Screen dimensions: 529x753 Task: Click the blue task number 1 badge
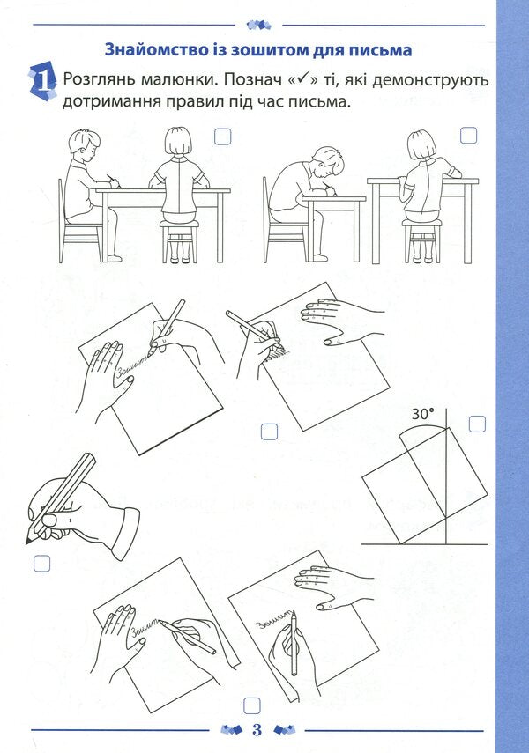point(43,82)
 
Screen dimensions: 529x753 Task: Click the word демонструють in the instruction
point(430,80)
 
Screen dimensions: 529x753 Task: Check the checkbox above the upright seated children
point(223,137)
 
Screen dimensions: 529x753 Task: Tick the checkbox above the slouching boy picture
point(469,136)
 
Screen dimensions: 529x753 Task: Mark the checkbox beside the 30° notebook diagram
point(477,424)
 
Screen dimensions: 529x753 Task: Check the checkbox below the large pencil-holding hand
point(41,564)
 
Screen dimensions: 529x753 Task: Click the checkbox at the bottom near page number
point(252,706)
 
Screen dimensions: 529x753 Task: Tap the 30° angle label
point(422,414)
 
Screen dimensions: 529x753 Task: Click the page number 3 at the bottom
point(257,730)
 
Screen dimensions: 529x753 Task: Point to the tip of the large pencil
point(26,544)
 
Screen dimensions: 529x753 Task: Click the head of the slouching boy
point(327,164)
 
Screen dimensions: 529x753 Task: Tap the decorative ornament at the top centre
point(258,25)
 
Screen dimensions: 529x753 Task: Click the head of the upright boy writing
point(86,146)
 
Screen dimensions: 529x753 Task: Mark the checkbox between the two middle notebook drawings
point(269,432)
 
